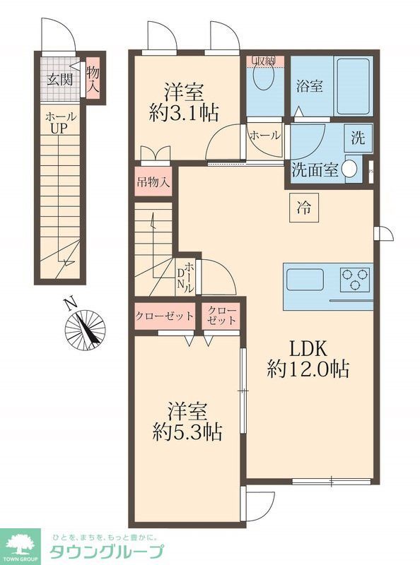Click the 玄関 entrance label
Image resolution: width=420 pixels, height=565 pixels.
click(60, 79)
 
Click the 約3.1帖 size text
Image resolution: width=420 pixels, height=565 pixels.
click(184, 113)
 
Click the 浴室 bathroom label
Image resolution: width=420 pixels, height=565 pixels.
click(310, 86)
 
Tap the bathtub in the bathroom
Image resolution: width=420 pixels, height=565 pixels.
click(353, 86)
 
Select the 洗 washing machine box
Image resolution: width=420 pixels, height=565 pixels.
click(357, 138)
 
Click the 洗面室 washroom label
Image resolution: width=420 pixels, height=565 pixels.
click(315, 170)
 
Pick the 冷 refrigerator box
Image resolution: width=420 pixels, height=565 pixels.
click(303, 208)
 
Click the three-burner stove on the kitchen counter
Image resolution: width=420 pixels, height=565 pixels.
click(355, 280)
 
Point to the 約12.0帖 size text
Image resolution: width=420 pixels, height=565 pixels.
click(308, 369)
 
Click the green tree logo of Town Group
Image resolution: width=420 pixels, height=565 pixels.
click(23, 545)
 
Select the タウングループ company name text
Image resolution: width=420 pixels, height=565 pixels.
click(106, 552)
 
